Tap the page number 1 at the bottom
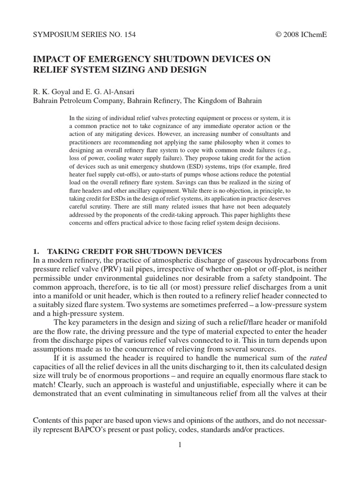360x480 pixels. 179,445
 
